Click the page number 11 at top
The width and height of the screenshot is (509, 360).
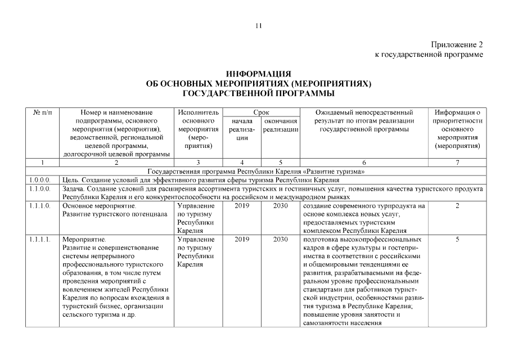click(x=258, y=25)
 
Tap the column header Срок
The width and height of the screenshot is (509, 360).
click(x=261, y=112)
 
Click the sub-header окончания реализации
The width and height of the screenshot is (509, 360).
click(x=280, y=125)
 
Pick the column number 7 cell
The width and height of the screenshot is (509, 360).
click(x=457, y=163)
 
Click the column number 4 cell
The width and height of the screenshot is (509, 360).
click(x=241, y=163)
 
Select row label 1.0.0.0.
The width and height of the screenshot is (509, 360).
click(x=40, y=180)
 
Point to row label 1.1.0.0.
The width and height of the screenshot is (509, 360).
click(x=40, y=189)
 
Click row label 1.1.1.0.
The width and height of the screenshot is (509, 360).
click(x=40, y=206)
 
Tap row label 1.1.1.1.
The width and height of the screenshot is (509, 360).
click(x=40, y=240)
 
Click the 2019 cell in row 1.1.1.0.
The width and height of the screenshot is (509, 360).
click(x=241, y=206)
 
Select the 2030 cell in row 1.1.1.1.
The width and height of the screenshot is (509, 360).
click(x=280, y=240)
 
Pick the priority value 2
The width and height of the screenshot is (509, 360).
click(x=457, y=206)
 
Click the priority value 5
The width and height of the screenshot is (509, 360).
click(x=457, y=240)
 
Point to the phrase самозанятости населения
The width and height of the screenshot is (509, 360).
click(x=343, y=324)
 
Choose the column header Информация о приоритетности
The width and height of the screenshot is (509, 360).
click(x=457, y=116)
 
